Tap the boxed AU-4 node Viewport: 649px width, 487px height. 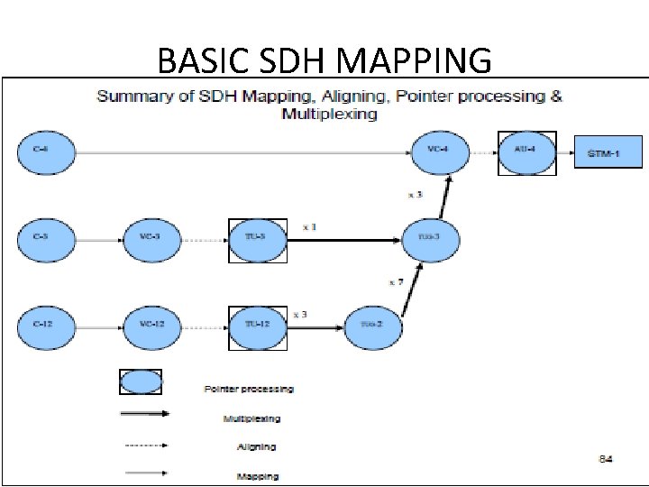click(x=527, y=153)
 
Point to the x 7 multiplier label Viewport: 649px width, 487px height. click(x=396, y=282)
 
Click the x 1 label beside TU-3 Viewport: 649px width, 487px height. click(x=308, y=227)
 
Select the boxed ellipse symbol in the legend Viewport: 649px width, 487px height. click(x=142, y=382)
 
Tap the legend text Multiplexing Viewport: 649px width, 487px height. click(x=251, y=418)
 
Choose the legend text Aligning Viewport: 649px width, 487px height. click(x=256, y=446)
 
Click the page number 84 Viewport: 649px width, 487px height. click(x=607, y=459)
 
